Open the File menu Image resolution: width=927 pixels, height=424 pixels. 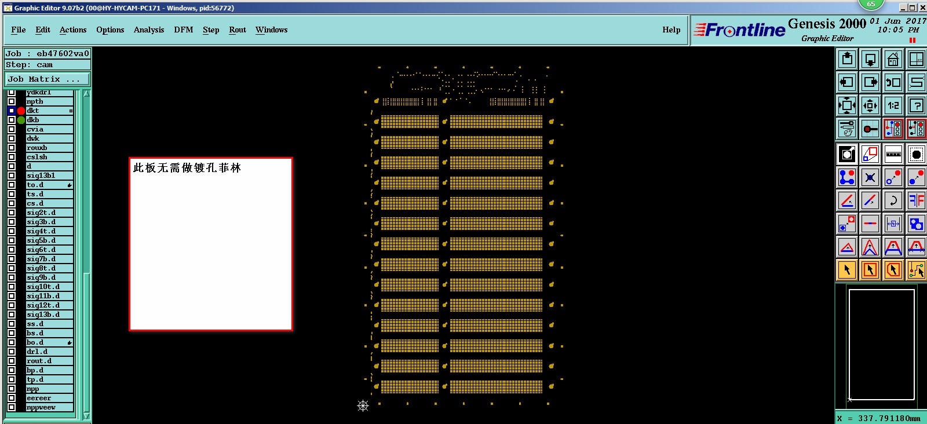pos(19,30)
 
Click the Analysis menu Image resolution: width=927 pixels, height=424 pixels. pos(149,30)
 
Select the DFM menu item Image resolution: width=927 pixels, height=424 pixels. pos(184,30)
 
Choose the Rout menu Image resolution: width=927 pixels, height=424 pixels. pos(238,30)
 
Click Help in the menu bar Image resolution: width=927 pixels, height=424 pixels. pos(671,30)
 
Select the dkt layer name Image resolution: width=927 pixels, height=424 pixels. pos(33,111)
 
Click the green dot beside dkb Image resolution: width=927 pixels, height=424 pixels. pos(21,120)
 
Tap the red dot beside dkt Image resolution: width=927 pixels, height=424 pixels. pos(21,111)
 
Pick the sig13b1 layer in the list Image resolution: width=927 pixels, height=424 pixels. pos(41,176)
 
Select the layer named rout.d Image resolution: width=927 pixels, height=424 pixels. pos(39,361)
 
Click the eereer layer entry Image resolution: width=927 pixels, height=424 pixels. pos(39,398)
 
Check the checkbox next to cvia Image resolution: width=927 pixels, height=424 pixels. pos(12,129)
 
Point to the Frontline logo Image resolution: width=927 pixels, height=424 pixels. pos(740,30)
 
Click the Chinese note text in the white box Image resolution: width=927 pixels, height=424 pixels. pos(187,168)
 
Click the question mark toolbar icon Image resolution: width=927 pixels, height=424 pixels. pos(917,105)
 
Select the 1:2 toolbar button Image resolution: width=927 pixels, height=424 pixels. pos(893,105)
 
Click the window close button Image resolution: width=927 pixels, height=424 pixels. pos(922,8)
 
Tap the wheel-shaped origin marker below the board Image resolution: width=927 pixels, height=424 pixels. pos(363,405)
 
